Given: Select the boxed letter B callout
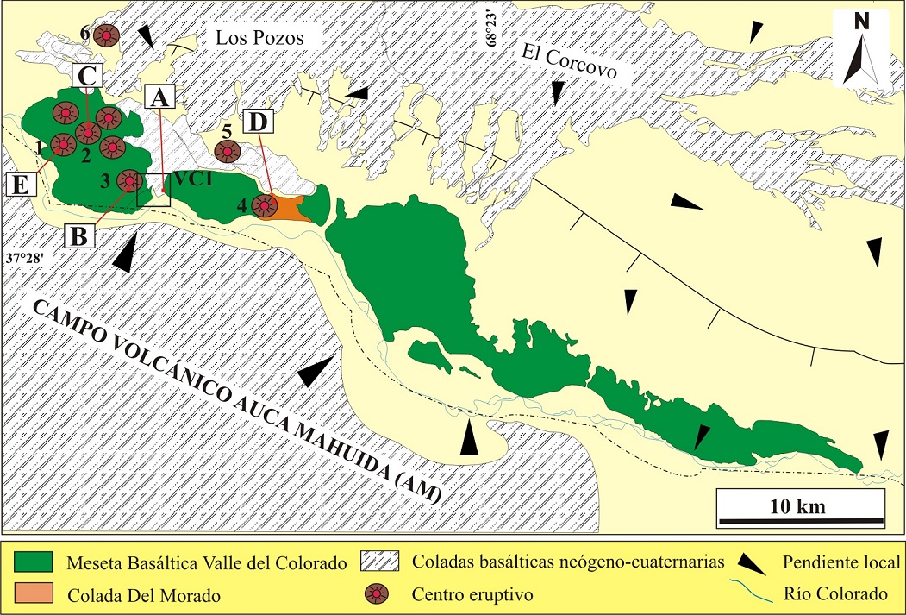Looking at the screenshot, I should click(79, 235).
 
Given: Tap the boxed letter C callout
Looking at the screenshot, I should click(87, 76).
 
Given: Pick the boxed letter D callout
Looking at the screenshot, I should click(257, 122).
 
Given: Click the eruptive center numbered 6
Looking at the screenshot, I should click(107, 35).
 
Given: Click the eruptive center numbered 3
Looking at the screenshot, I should click(129, 181).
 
